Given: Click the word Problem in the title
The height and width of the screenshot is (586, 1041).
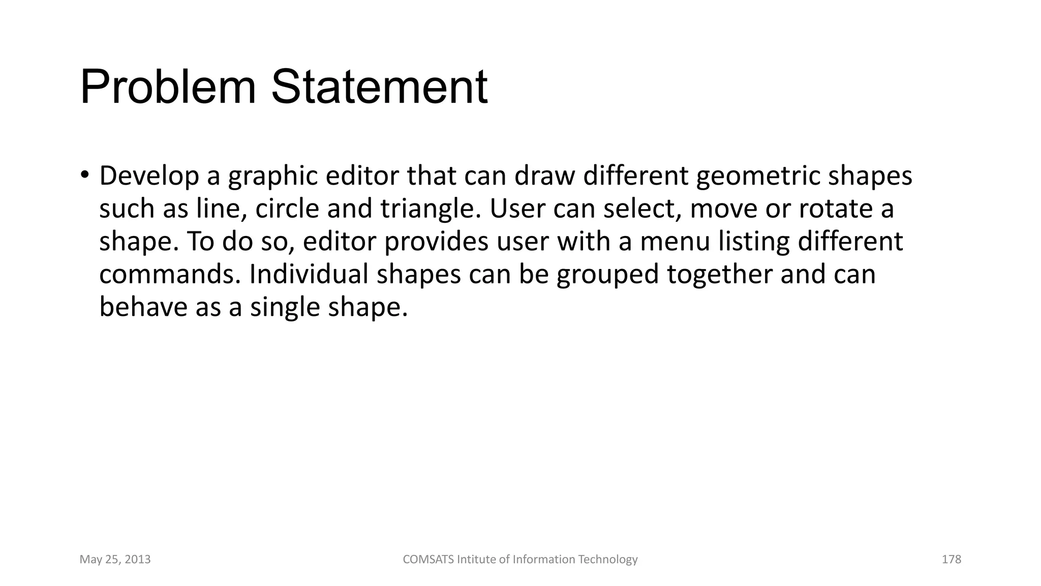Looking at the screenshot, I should pyautogui.click(x=168, y=87).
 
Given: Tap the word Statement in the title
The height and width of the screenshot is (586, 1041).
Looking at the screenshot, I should pyautogui.click(x=379, y=87).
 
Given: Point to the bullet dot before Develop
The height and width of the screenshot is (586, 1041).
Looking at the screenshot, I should pyautogui.click(x=84, y=174).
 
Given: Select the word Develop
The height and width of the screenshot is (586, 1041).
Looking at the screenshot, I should pyautogui.click(x=149, y=176).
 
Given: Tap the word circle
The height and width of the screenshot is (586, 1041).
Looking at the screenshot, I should pyautogui.click(x=287, y=209).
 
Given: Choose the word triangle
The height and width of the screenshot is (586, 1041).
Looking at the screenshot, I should pyautogui.click(x=430, y=210).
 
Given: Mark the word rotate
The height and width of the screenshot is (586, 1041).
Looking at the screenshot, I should pyautogui.click(x=831, y=209).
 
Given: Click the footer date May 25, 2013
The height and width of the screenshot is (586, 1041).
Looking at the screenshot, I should pyautogui.click(x=115, y=560).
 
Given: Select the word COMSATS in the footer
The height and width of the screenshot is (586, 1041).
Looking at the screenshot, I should pyautogui.click(x=428, y=560).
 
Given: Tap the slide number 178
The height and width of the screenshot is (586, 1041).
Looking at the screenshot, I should pyautogui.click(x=952, y=560).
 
